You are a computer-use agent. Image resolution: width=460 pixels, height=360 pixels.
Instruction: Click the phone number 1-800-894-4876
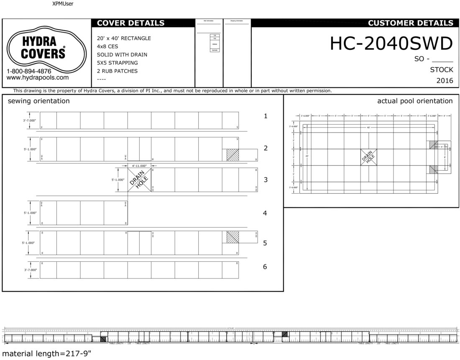click(x=29, y=71)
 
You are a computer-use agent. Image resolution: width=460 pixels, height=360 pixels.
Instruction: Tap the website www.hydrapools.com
click(x=38, y=77)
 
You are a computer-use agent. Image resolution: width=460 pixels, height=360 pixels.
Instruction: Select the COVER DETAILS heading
click(x=130, y=23)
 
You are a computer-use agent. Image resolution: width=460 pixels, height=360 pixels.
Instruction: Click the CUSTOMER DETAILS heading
click(x=410, y=23)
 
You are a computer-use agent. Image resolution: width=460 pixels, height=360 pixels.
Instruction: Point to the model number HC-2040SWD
click(x=391, y=43)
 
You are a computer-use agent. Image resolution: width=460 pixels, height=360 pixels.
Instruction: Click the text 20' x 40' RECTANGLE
click(x=124, y=38)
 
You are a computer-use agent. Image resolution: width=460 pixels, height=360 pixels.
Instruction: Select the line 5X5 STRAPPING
click(x=117, y=63)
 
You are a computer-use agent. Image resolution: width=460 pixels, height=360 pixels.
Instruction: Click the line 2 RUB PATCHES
click(x=117, y=71)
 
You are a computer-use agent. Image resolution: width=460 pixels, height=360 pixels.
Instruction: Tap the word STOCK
click(x=441, y=70)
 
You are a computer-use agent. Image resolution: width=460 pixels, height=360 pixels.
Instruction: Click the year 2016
click(x=444, y=81)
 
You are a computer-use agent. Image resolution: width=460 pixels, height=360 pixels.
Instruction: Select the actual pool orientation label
click(x=414, y=101)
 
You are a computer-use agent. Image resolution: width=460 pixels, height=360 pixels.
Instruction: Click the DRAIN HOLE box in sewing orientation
click(x=140, y=180)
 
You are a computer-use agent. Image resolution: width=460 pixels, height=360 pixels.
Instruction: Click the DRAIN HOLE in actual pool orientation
click(x=368, y=157)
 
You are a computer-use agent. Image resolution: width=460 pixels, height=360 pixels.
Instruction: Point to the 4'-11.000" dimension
click(x=139, y=166)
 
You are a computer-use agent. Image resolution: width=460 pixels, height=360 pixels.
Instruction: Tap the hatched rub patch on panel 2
click(x=232, y=155)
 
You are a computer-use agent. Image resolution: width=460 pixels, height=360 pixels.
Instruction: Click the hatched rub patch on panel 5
click(x=232, y=237)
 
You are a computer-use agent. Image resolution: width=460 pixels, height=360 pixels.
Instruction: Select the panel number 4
click(x=265, y=213)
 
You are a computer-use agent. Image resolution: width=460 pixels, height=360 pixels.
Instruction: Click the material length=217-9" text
click(x=47, y=354)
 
